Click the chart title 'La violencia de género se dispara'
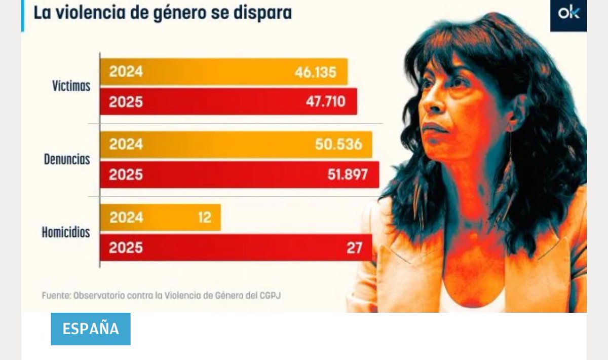pos(162,13)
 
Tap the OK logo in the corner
pos(568,14)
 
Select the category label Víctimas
pos(71,86)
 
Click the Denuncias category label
pos(66,160)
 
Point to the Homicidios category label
pos(66,233)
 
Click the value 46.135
pos(315,73)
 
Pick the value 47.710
pos(325,102)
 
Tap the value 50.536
pos(338,145)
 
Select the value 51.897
pos(347,175)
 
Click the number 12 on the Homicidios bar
pos(204,218)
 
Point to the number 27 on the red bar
pos(355,248)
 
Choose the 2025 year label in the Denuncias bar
pos(126,175)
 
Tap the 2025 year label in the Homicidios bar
pos(126,248)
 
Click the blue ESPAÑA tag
pos(91,329)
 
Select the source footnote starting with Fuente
pos(161,295)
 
